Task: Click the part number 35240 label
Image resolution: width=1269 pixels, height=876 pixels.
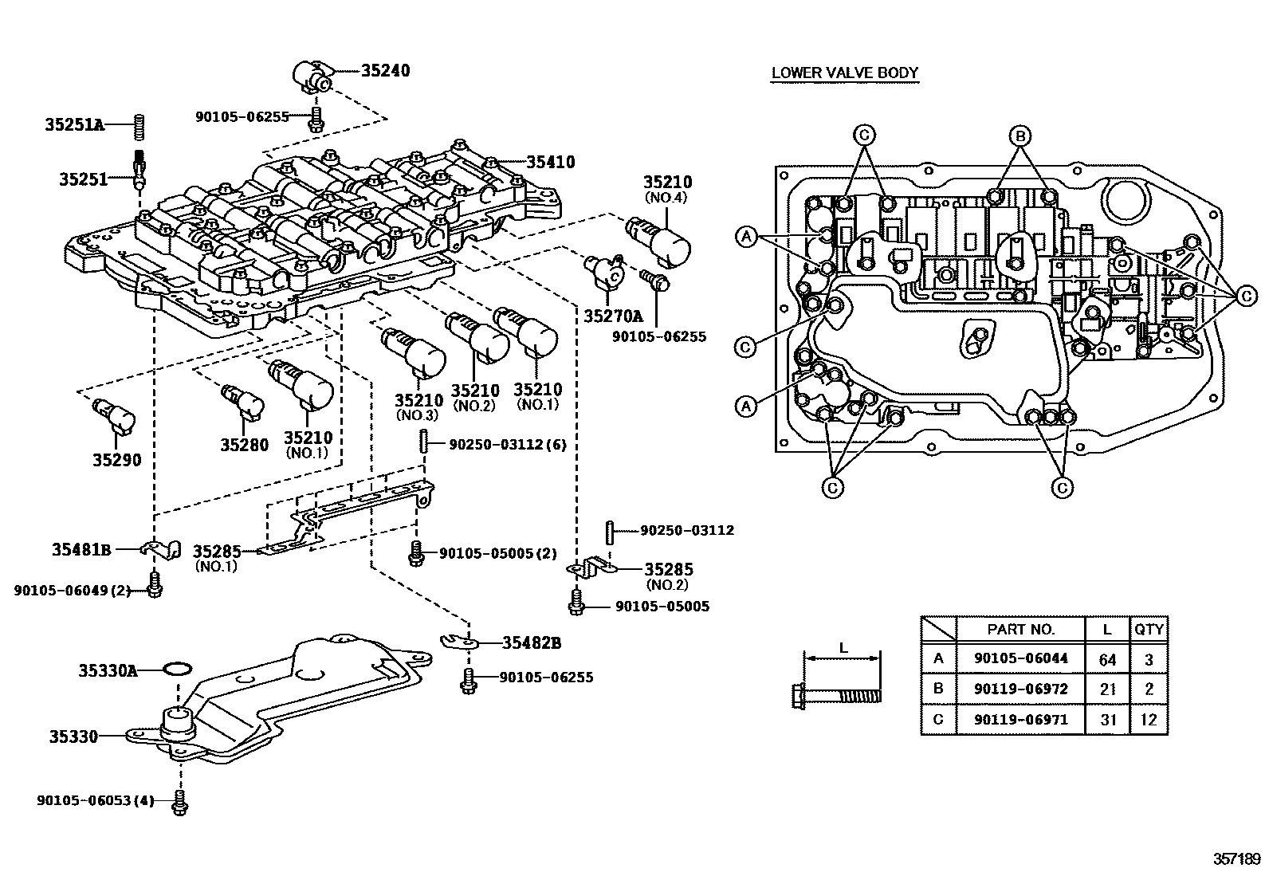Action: (385, 70)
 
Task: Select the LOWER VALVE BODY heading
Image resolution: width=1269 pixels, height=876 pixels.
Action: (845, 73)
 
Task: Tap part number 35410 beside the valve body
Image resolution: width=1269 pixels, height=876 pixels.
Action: (550, 162)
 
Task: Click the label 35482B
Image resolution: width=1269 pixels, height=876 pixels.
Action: (532, 642)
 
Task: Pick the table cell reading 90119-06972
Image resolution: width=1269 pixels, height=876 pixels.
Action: (1020, 689)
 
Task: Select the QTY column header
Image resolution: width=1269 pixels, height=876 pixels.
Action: (1149, 629)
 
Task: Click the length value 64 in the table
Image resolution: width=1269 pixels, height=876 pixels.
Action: (1107, 659)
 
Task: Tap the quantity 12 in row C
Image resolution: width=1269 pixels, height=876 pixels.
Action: (1149, 720)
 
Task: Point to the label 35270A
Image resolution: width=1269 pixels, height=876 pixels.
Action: (612, 316)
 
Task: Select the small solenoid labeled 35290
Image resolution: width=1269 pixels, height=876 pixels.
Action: (116, 415)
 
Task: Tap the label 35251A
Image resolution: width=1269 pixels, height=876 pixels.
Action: (74, 124)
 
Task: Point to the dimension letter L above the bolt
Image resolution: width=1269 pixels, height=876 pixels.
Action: (843, 648)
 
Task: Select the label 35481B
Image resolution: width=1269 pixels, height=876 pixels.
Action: (81, 549)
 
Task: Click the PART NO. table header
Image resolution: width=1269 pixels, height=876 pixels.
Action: (1020, 629)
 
